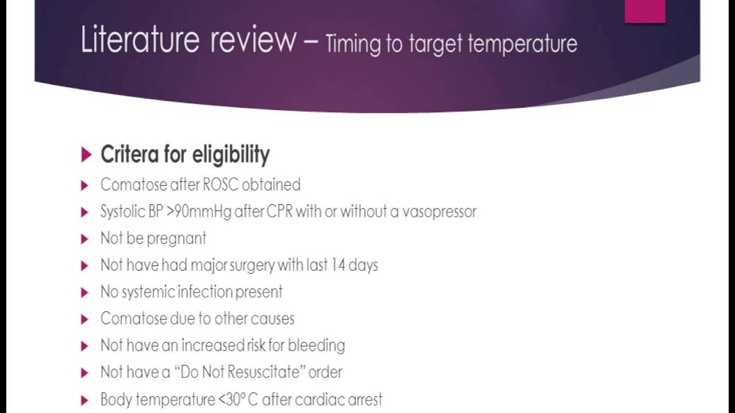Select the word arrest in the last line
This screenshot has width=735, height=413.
[x=363, y=399]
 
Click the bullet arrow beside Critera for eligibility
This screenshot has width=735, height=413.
[x=86, y=155]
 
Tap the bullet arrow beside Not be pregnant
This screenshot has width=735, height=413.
[x=85, y=239]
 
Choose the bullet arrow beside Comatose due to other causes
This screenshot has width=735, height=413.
[x=85, y=319]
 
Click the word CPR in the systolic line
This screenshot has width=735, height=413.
[x=280, y=212]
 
